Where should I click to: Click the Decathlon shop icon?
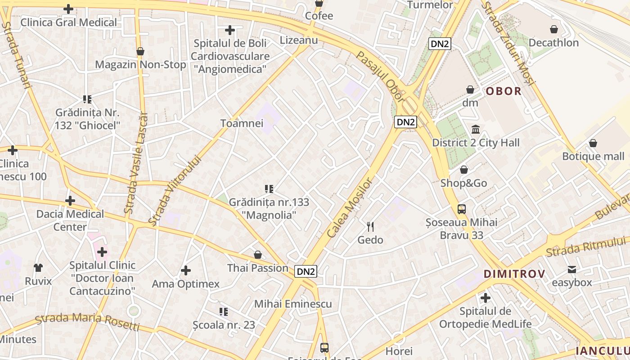pyautogui.click(x=554, y=29)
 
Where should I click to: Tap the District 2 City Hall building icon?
pyautogui.click(x=476, y=130)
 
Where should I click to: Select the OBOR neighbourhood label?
pyautogui.click(x=504, y=91)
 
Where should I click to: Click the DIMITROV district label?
pyautogui.click(x=514, y=274)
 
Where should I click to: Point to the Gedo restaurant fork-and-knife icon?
pyautogui.click(x=370, y=226)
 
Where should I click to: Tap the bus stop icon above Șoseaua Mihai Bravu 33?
pyautogui.click(x=462, y=209)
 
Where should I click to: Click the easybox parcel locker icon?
pyautogui.click(x=572, y=270)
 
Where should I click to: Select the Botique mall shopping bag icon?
pyautogui.click(x=593, y=143)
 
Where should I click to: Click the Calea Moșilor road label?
pyautogui.click(x=350, y=207)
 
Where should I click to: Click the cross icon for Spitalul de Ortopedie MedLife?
pyautogui.click(x=485, y=298)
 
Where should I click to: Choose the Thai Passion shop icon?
pyautogui.click(x=258, y=255)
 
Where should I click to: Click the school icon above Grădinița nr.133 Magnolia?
pyautogui.click(x=269, y=189)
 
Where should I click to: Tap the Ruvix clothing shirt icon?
pyautogui.click(x=38, y=268)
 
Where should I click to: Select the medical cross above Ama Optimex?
pyautogui.click(x=185, y=270)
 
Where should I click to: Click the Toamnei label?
pyautogui.click(x=242, y=123)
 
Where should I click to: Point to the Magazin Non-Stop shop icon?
pyautogui.click(x=140, y=51)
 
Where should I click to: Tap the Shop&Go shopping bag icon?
pyautogui.click(x=464, y=170)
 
